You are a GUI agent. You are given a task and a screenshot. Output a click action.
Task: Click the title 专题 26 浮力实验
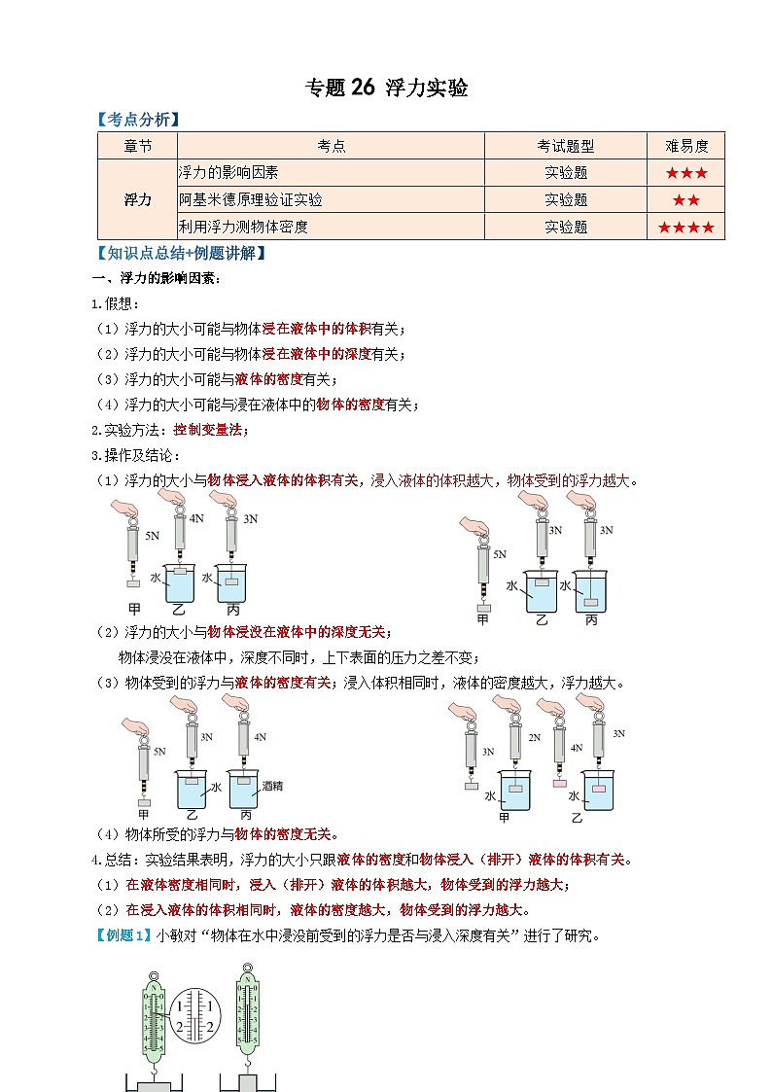pos(386,88)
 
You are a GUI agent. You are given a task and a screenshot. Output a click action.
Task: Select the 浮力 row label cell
pos(137,199)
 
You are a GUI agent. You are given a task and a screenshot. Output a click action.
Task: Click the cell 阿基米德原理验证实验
pos(251,200)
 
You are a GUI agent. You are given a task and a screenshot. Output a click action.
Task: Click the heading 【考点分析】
pos(138,120)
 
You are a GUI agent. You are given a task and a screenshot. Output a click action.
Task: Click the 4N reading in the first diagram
pos(196,518)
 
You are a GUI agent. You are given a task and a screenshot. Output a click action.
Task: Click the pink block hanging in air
pos(559,782)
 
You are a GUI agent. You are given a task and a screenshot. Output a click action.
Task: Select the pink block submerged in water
pos(599,787)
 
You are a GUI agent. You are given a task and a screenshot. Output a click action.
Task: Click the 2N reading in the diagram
pos(534,738)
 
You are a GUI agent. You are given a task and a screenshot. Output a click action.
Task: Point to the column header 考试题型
pos(566,146)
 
